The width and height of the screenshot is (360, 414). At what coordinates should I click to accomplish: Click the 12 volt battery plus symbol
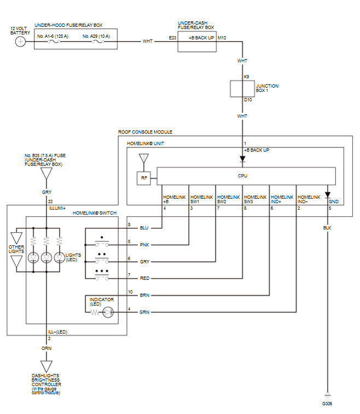click(20, 41)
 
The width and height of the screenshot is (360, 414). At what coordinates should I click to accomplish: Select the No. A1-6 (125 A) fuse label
click(52, 36)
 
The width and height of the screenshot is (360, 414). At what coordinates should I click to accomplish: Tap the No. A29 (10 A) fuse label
click(96, 36)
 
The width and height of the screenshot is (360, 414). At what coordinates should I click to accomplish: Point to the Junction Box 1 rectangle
click(242, 89)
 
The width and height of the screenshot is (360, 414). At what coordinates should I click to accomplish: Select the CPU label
click(242, 176)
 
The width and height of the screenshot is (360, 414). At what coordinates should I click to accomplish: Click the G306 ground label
click(327, 403)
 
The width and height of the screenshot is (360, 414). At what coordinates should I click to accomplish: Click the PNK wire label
click(144, 244)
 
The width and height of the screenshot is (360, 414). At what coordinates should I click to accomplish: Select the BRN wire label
click(144, 295)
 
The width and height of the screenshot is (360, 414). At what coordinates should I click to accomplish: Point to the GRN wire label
click(144, 312)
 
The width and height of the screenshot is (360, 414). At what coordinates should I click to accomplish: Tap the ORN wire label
click(47, 348)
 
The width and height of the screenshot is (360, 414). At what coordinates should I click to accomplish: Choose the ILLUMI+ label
click(57, 208)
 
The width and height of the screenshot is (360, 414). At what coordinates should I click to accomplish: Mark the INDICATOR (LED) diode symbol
click(108, 312)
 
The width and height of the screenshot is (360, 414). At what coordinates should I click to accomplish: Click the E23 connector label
click(172, 38)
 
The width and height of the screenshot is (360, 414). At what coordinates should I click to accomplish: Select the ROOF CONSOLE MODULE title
click(145, 132)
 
